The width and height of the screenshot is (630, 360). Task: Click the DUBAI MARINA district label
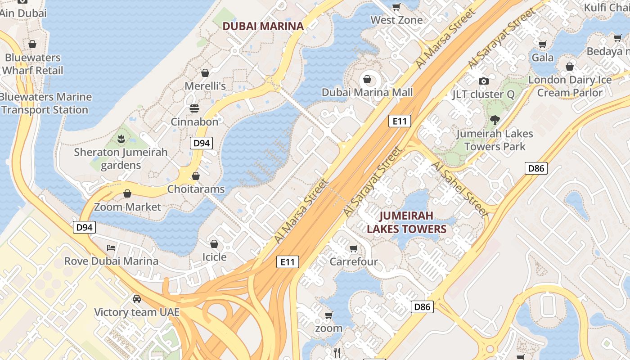tap(263, 26)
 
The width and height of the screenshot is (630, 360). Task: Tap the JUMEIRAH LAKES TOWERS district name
tap(406, 222)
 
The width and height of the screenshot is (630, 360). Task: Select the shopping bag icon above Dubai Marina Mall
tap(368, 80)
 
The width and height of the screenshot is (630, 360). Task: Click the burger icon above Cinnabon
tap(194, 108)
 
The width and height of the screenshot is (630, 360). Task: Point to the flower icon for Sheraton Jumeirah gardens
tap(121, 139)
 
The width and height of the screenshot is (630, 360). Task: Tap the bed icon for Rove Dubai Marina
tap(111, 248)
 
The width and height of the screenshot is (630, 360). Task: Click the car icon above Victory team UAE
tap(136, 299)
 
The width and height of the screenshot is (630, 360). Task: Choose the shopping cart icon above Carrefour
tap(354, 248)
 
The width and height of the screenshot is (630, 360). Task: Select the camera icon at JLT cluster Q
tap(484, 81)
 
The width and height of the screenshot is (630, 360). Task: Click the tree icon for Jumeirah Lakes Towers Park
tap(495, 120)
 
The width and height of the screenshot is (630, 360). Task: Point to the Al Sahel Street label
tap(459, 189)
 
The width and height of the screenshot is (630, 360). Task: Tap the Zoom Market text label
tap(127, 207)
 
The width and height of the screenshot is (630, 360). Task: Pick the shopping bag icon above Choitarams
tap(196, 176)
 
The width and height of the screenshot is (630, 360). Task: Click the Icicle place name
tap(214, 257)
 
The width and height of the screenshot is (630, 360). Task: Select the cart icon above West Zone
tap(396, 7)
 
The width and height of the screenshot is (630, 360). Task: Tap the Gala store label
tap(543, 58)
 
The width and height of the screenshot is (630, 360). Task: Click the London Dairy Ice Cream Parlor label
tap(570, 86)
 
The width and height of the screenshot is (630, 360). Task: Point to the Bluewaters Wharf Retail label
tap(32, 64)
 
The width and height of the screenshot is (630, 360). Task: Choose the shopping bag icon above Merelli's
tap(205, 73)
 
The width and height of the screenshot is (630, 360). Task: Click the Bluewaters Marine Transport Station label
tap(45, 103)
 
